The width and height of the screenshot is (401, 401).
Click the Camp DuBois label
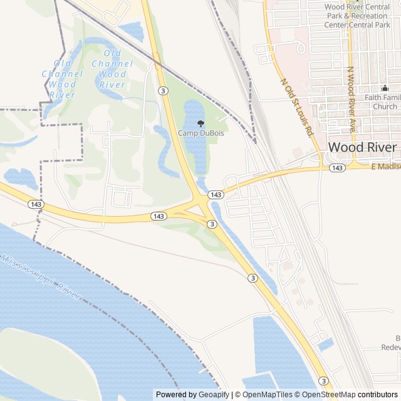tap(200, 133)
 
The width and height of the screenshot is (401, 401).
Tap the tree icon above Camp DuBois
tap(200, 123)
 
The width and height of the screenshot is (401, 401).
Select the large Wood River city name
tap(362, 147)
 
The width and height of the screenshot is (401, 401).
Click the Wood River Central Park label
tap(356, 16)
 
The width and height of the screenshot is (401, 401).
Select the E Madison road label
tap(385, 167)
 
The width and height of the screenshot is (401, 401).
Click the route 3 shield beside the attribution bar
tap(323, 380)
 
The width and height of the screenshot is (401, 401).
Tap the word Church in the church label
tap(385, 107)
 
